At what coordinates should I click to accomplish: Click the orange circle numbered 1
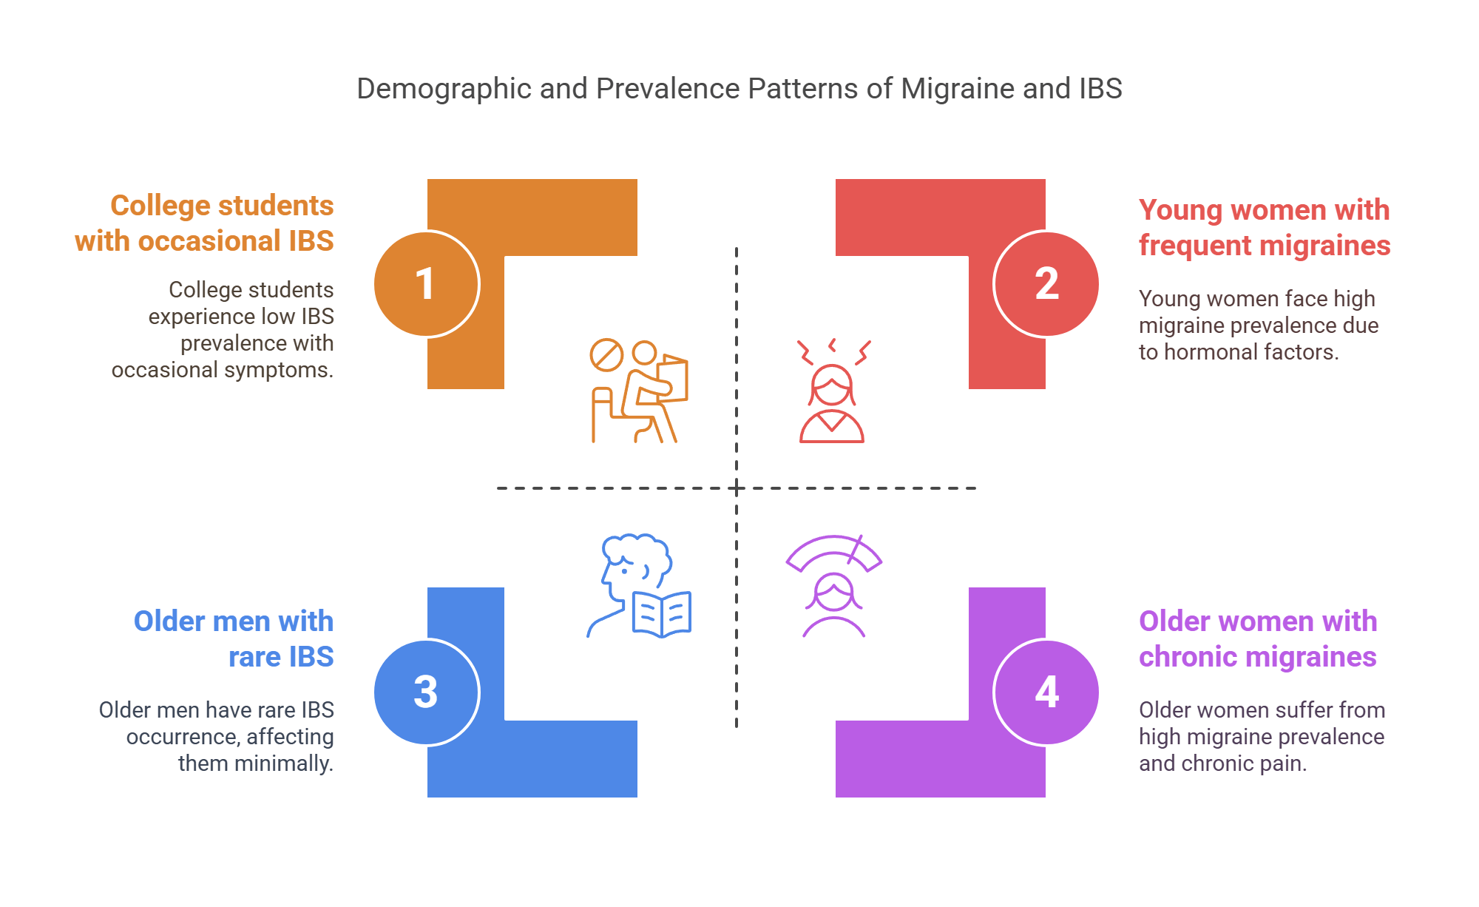pyautogui.click(x=427, y=284)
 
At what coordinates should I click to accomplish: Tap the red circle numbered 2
pyautogui.click(x=1046, y=284)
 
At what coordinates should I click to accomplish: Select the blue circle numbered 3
pyautogui.click(x=427, y=692)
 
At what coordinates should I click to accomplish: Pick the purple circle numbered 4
pyautogui.click(x=1046, y=692)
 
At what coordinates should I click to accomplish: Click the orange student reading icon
pyautogui.click(x=640, y=391)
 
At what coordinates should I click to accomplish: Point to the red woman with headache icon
pyautogui.click(x=833, y=391)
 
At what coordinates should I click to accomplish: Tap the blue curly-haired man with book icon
pyautogui.click(x=640, y=586)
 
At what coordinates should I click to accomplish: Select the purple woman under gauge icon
pyautogui.click(x=833, y=586)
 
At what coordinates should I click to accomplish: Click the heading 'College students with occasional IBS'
pyautogui.click(x=204, y=223)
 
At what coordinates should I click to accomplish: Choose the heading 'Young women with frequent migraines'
pyautogui.click(x=1265, y=228)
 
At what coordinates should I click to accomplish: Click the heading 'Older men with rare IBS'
pyautogui.click(x=234, y=639)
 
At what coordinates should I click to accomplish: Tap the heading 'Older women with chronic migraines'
pyautogui.click(x=1258, y=639)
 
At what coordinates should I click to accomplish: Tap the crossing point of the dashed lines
pyautogui.click(x=737, y=488)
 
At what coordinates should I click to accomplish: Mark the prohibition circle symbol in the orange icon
pyautogui.click(x=606, y=355)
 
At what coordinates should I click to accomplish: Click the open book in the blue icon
pyautogui.click(x=662, y=614)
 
